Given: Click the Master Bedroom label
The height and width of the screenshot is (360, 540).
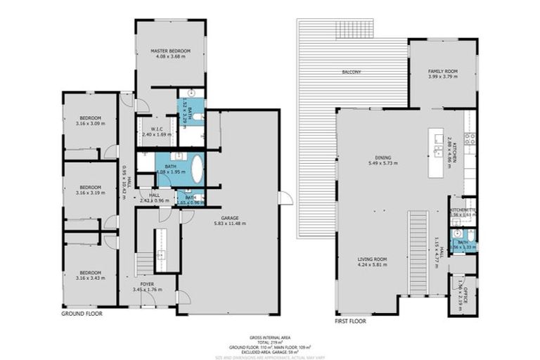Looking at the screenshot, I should [x=169, y=51].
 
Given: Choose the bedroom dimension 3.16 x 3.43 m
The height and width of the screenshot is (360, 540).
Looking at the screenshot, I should [x=90, y=278].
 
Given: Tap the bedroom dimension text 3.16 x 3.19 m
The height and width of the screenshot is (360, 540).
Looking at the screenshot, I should [x=90, y=191].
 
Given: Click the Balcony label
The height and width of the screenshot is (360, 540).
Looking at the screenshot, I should [x=351, y=72].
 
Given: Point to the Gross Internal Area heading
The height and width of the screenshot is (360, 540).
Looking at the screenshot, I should [x=270, y=337].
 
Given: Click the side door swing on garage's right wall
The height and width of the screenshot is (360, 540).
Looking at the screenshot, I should [x=285, y=198].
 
